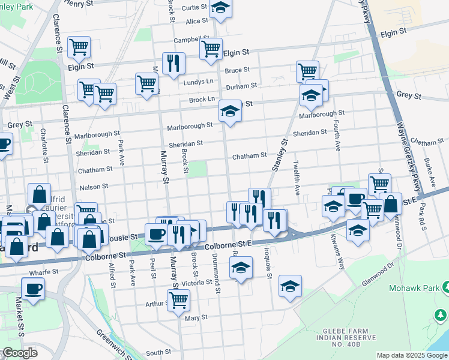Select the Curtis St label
coord(194,7)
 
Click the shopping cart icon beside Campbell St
coord(211,48)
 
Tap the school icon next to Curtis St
coord(221,8)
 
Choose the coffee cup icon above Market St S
coord(33,288)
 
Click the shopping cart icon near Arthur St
coord(178,300)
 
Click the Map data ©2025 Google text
coord(412,355)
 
